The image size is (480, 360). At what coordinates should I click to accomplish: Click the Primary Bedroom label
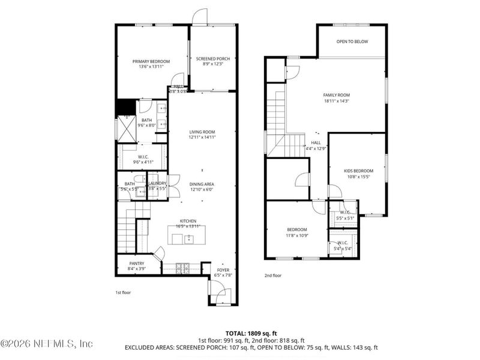coord(151,61)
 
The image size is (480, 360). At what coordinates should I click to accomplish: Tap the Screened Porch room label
coord(213,59)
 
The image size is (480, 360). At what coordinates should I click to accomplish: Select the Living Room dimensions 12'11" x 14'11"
coord(202,137)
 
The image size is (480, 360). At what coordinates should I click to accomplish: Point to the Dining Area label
coord(202,184)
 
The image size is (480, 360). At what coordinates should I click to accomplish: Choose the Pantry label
coord(136,263)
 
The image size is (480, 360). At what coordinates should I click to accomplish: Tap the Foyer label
coord(223,270)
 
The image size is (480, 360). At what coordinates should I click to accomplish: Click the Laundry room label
coord(157,184)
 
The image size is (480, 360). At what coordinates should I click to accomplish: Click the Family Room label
coord(336,95)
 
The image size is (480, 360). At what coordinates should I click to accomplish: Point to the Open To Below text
coord(352,41)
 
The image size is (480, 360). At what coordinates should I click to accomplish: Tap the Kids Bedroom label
coord(358,170)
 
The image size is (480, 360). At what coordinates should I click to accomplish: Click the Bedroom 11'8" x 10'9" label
coord(296,230)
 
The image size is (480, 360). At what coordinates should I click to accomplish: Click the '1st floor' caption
coord(122,292)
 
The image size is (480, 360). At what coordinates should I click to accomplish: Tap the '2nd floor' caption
coord(273,275)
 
